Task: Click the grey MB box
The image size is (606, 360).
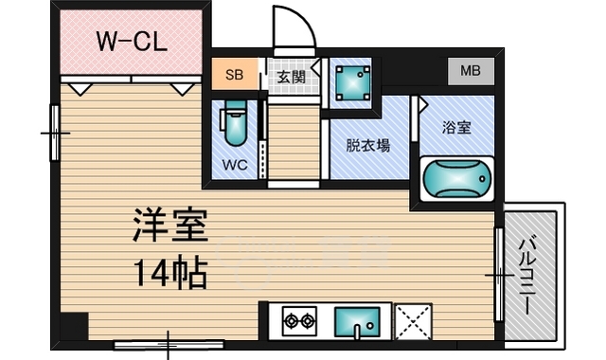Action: click(470, 70)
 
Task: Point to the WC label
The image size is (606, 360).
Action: click(235, 163)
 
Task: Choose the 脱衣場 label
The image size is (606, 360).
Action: click(368, 146)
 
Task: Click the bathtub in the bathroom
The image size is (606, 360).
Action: click(456, 177)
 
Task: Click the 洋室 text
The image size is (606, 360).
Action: click(169, 227)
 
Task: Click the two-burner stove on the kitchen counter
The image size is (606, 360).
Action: click(299, 322)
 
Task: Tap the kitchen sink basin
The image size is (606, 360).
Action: click(357, 320)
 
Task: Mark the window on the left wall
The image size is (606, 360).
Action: click(55, 132)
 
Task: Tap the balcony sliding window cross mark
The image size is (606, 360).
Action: click(498, 276)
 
